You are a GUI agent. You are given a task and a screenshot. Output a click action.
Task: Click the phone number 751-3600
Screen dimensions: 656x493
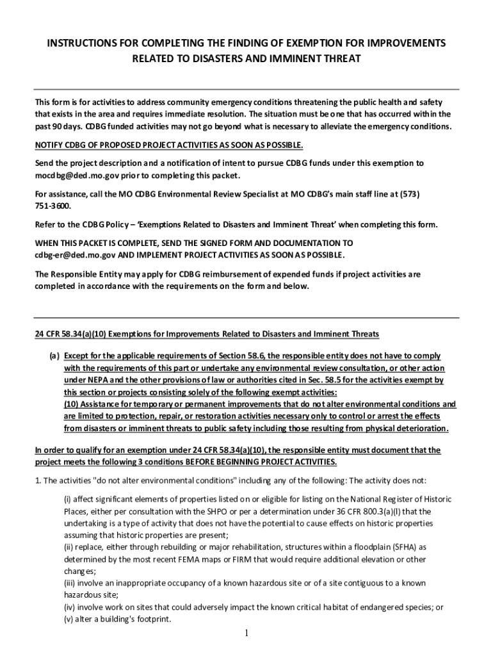pos(53,206)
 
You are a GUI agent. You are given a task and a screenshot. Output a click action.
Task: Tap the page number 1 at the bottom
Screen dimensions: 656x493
pos(247,634)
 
